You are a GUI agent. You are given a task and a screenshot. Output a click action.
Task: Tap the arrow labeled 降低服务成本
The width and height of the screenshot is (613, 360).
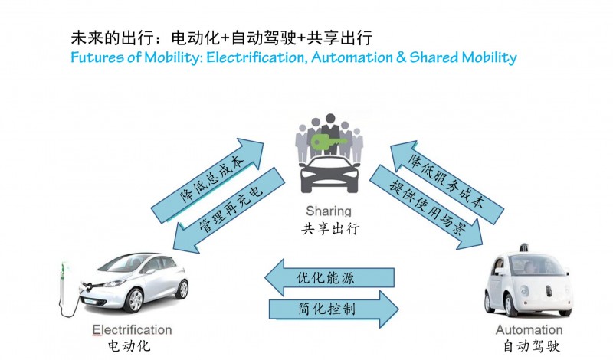click(x=447, y=176)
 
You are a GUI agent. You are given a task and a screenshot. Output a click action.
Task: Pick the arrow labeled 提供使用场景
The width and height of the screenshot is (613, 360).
click(x=425, y=206)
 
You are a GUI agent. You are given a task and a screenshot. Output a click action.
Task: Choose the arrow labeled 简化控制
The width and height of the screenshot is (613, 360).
click(x=334, y=309)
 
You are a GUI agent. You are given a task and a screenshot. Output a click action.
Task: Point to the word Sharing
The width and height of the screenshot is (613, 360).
click(x=328, y=211)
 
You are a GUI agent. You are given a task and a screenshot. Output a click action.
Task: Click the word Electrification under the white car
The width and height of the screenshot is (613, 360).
click(x=132, y=331)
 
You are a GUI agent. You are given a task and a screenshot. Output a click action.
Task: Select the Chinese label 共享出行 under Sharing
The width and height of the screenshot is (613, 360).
click(x=328, y=227)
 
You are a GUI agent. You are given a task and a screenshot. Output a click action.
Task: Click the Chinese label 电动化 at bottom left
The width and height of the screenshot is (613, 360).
click(x=129, y=346)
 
